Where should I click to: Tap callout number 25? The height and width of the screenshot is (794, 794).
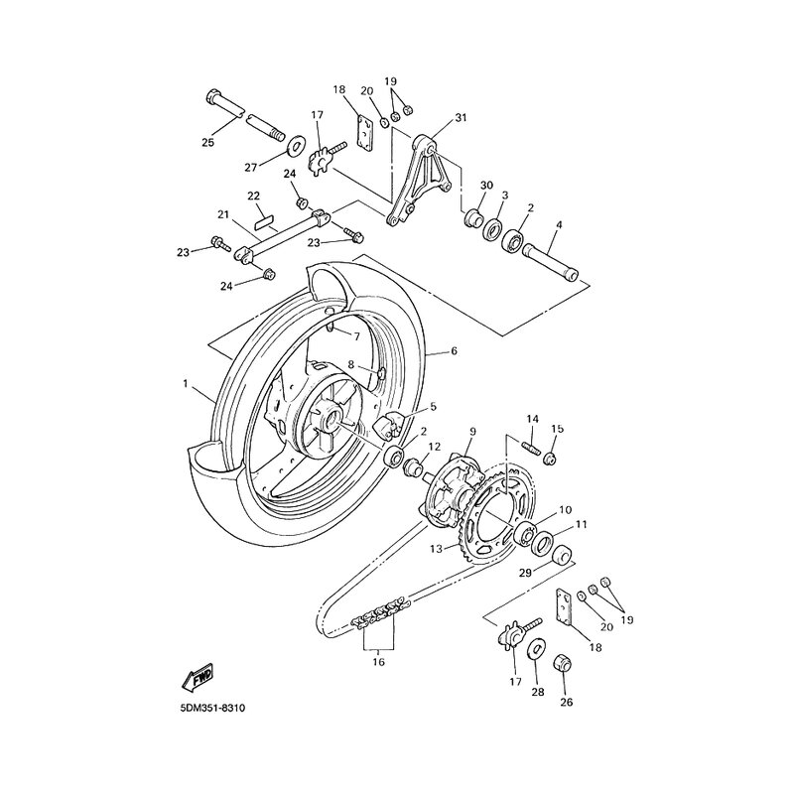pos(207,143)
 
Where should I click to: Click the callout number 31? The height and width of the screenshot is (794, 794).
pos(460,119)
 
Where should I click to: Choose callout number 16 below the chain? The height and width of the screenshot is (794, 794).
pos(378,660)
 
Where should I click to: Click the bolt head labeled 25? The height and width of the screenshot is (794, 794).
pos(216,100)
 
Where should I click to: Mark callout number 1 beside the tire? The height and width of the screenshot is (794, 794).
pos(185,381)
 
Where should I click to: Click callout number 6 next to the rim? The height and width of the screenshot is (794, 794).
pos(454,350)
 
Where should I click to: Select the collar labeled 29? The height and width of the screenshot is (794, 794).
pos(563,554)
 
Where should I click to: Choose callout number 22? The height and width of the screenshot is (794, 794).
pos(226,196)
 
